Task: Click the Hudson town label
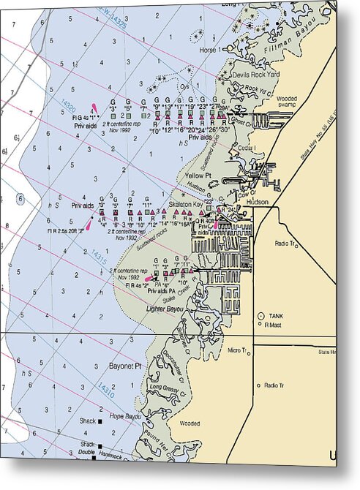coord(257,202)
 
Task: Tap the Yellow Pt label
coord(198,176)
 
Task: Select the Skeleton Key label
coord(185,205)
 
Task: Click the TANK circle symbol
coord(260,315)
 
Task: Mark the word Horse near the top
coord(209,50)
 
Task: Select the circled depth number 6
coord(20,199)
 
